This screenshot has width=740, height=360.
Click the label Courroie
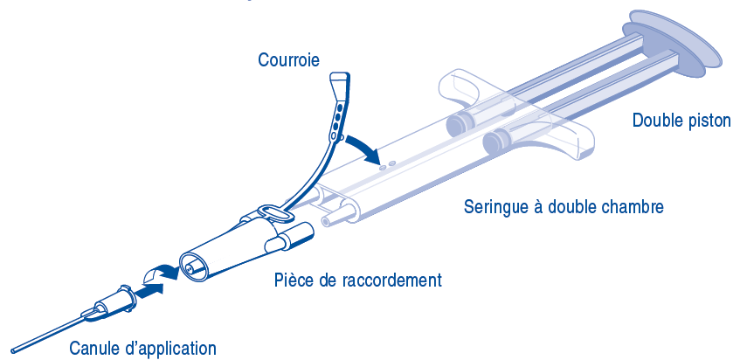(288, 60)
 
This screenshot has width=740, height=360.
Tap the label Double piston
(681, 121)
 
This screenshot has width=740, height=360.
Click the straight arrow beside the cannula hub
(149, 291)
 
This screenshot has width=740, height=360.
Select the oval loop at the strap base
(274, 212)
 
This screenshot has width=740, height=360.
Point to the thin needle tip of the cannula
(13, 350)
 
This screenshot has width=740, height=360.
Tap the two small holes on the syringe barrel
(386, 164)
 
